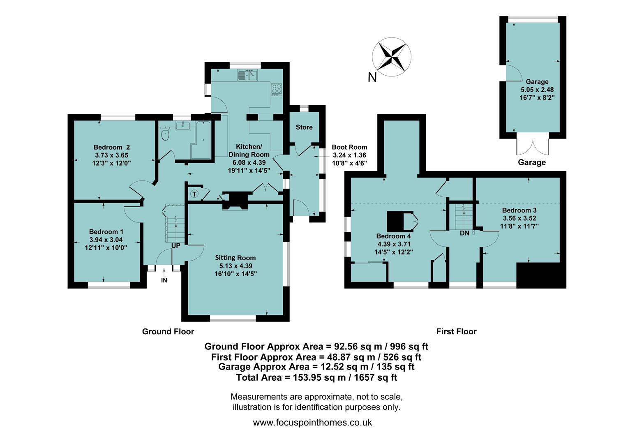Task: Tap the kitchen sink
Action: tap(247, 75)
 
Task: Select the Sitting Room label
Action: tap(235, 258)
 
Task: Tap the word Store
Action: tap(304, 127)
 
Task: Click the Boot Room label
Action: tap(349, 147)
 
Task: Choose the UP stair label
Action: tap(176, 245)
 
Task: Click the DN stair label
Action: tap(464, 233)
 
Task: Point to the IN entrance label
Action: tap(164, 280)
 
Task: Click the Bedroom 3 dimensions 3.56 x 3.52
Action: tap(519, 218)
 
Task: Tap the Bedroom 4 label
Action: tap(393, 236)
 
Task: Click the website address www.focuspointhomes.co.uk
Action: tap(312, 422)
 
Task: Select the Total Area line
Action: tap(316, 377)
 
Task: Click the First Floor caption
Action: tap(456, 331)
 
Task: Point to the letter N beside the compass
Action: tap(372, 77)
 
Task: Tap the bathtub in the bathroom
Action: tap(202, 140)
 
